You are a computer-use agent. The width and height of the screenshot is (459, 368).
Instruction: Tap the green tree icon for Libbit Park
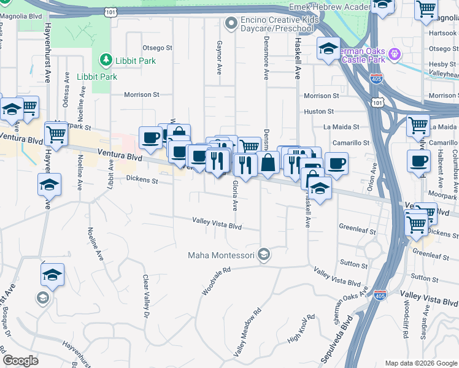(106, 60)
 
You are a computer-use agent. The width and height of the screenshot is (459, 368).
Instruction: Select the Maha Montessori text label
(222, 255)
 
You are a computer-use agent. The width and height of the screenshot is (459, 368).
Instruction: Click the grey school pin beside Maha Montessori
(264, 254)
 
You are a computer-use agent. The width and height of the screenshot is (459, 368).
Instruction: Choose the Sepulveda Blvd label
(337, 338)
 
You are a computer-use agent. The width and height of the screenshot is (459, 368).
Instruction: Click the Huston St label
(319, 112)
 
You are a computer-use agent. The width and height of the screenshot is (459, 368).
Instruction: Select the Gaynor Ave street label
(219, 58)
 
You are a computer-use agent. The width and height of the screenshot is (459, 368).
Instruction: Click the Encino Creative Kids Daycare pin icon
(231, 24)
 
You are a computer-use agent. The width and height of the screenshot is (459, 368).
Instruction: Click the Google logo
(21, 361)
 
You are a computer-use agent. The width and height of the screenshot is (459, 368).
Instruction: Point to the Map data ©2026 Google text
(420, 363)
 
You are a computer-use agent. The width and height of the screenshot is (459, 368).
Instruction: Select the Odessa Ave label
(66, 107)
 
